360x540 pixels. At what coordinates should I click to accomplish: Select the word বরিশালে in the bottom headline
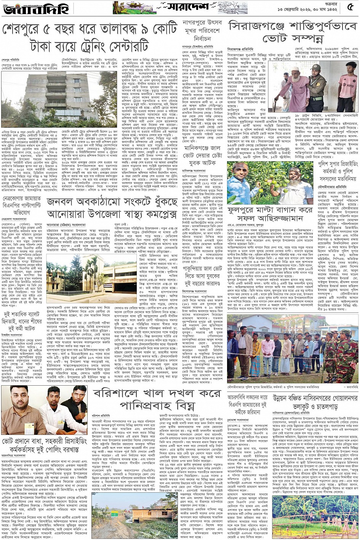pos(114,393)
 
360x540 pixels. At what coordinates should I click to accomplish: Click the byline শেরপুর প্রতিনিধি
pos(10,60)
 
